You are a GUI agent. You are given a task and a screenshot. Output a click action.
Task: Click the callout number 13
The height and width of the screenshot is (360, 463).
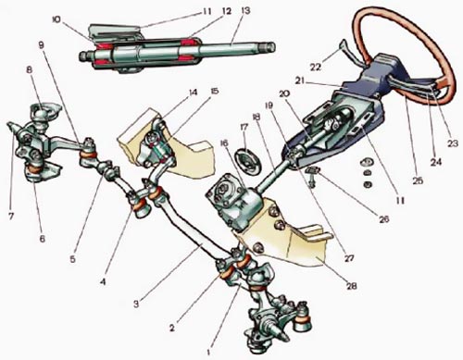tap(246, 11)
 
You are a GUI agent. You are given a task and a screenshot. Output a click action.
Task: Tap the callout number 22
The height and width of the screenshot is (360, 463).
tap(315, 67)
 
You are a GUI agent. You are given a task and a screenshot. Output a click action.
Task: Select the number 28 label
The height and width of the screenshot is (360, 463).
tap(351, 286)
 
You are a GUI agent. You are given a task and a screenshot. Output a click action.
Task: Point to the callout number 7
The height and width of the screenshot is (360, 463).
tap(11, 217)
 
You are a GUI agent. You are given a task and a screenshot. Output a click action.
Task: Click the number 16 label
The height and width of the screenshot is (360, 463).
tap(225, 143)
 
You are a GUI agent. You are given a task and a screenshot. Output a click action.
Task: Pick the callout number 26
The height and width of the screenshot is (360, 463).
tap(383, 218)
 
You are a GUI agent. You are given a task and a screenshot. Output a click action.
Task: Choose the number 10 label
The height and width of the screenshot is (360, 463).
tap(56, 19)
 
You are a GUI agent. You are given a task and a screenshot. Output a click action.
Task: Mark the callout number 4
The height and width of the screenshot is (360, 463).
tap(103, 281)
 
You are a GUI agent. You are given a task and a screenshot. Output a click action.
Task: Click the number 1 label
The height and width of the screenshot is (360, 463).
tap(209, 352)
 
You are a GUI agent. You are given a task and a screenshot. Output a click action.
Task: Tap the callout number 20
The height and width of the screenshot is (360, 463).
tap(284, 93)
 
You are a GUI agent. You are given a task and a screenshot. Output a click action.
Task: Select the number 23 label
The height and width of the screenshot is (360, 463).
tap(453, 143)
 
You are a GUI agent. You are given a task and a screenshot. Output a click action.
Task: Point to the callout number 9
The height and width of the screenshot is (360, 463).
tap(42, 45)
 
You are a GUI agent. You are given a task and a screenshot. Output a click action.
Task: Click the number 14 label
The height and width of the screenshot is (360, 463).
tap(194, 93)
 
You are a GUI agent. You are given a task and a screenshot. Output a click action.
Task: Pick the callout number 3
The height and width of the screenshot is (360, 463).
tap(136, 304)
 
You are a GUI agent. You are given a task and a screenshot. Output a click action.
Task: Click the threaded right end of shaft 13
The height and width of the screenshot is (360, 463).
tap(268, 47)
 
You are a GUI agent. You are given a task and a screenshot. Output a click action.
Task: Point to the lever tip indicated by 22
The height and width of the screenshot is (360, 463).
tap(342, 44)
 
